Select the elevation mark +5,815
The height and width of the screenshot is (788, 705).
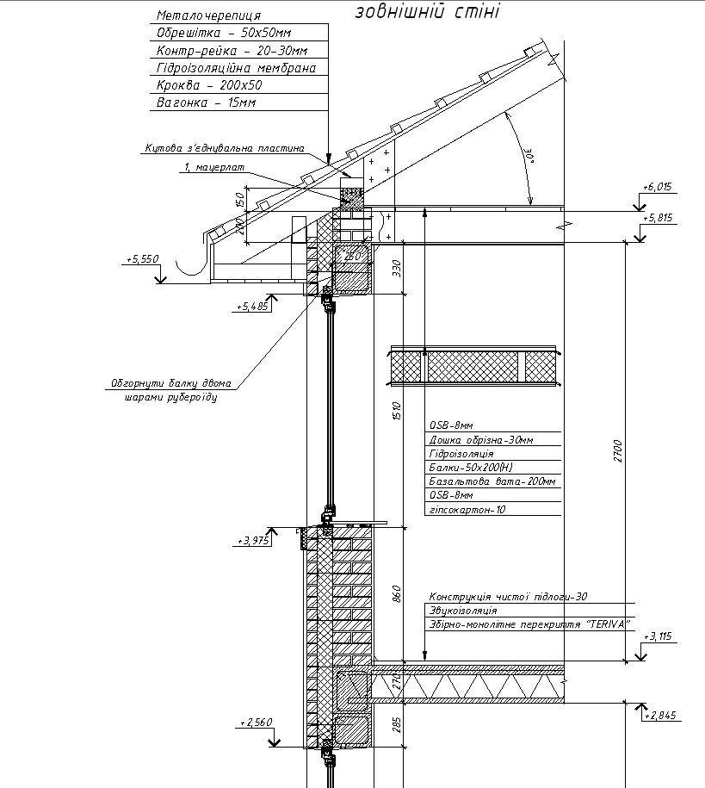click(659, 218)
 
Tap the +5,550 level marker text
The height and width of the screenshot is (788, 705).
click(142, 258)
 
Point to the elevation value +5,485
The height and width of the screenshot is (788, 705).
click(251, 306)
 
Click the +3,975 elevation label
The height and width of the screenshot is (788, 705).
click(253, 541)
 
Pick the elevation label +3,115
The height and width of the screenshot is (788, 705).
click(659, 636)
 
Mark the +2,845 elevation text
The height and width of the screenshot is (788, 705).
click(660, 715)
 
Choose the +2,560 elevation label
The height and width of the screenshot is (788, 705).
click(257, 722)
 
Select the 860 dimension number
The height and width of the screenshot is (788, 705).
click(397, 594)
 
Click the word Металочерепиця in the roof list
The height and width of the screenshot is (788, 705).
click(208, 16)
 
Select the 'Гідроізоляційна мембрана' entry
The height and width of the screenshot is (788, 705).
click(236, 68)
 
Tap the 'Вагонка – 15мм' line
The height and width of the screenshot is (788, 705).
click(206, 103)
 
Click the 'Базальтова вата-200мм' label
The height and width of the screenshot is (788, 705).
click(492, 481)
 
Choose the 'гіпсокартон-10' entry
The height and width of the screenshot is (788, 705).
click(467, 510)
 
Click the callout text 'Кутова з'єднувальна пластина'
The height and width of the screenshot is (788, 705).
click(224, 148)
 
